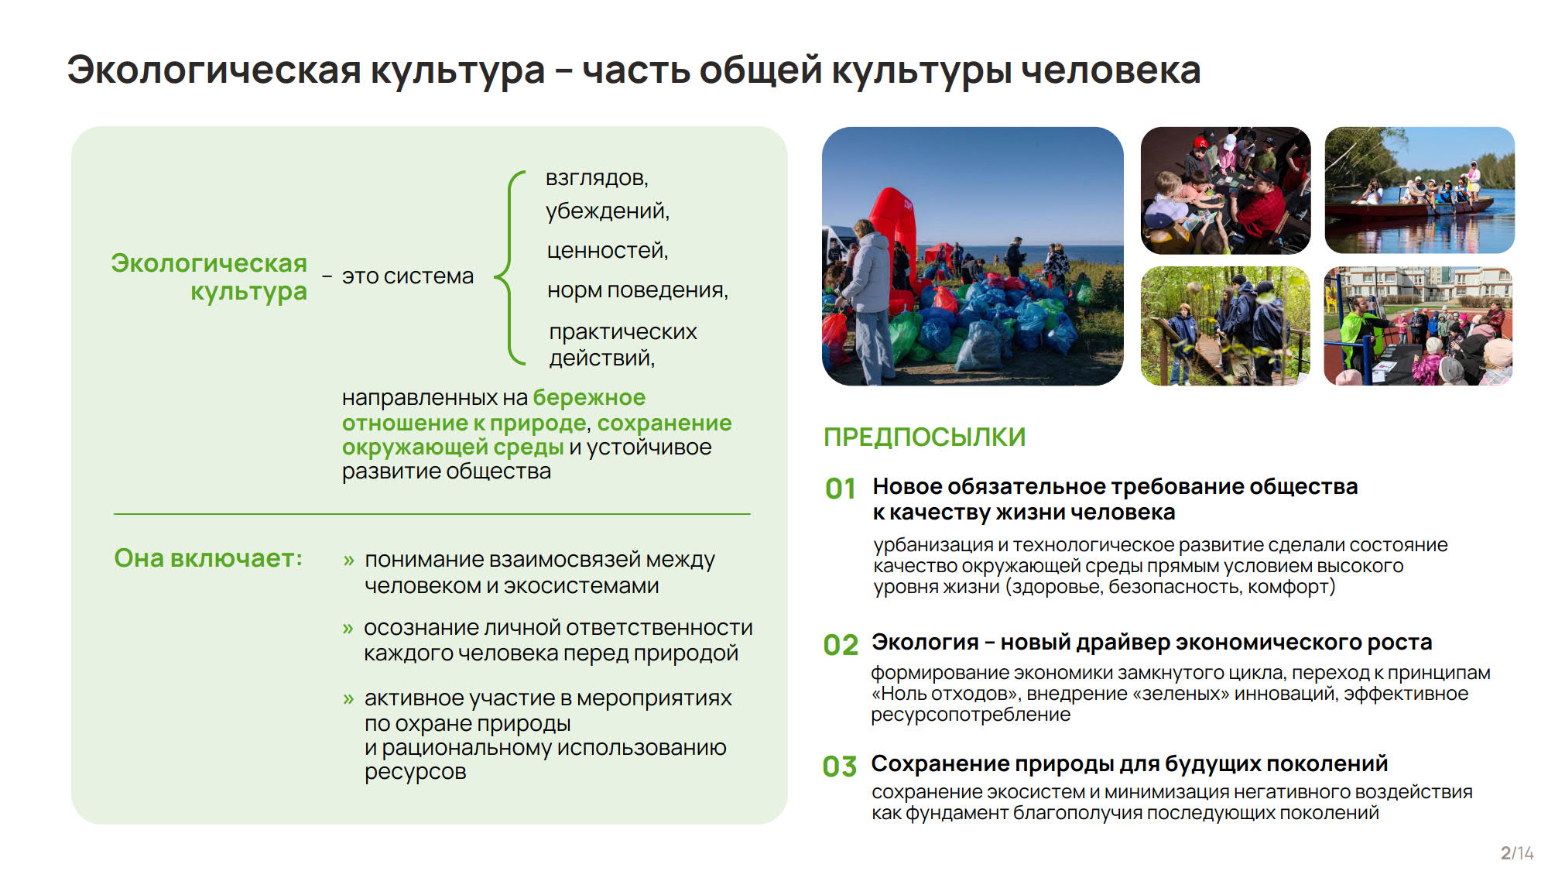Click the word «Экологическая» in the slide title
tap(214, 70)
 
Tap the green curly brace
tap(509, 268)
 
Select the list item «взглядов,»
tap(597, 179)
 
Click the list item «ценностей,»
tap(607, 251)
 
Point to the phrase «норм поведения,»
tap(637, 290)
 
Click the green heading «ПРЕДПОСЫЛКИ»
tap(924, 437)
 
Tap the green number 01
tap(841, 489)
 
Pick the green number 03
tap(840, 767)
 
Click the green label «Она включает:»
tap(208, 558)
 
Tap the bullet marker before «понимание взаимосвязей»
tap(348, 561)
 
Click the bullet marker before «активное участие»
tap(348, 699)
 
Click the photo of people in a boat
tap(1420, 190)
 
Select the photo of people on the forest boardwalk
tap(1226, 326)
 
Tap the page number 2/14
tap(1516, 853)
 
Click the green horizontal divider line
tap(432, 514)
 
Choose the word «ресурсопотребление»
tap(971, 715)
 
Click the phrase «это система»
tap(408, 276)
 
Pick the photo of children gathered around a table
tap(1226, 190)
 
